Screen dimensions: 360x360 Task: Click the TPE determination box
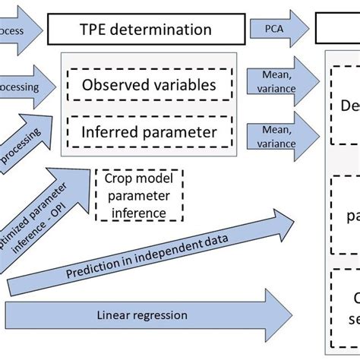tap(146, 30)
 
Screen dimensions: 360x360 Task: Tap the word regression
tap(163, 314)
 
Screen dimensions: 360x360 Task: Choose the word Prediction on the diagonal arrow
tap(91, 269)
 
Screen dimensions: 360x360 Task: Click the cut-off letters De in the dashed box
tap(347, 106)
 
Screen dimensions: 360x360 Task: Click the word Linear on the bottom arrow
tap(115, 314)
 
